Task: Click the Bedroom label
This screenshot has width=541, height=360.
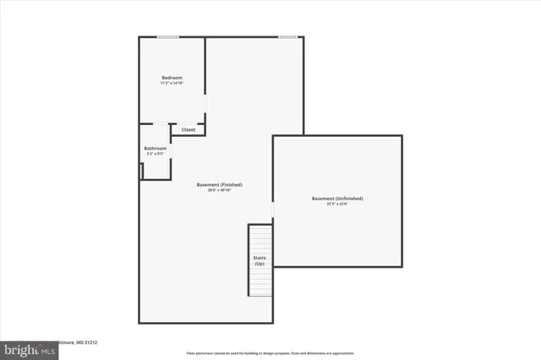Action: click(172, 78)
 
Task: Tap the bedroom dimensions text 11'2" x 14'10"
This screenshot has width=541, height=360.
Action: click(172, 83)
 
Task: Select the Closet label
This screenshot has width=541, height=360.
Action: click(189, 129)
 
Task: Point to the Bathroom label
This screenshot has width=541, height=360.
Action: click(156, 149)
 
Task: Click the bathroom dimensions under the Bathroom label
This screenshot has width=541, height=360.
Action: click(156, 154)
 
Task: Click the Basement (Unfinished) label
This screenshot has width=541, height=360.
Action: click(337, 199)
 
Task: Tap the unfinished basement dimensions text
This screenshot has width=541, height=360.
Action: click(337, 204)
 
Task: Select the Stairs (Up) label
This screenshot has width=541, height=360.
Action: click(260, 261)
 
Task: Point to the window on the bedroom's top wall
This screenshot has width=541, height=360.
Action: click(167, 36)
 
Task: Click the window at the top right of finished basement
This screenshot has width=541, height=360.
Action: click(288, 36)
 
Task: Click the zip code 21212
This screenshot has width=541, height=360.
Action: click(90, 343)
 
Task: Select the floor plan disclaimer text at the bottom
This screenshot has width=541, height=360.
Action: click(270, 353)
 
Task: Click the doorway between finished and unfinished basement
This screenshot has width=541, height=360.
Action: click(272, 210)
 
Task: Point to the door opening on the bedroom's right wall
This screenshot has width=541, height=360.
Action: click(205, 102)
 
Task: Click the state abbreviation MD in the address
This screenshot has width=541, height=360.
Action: click(78, 343)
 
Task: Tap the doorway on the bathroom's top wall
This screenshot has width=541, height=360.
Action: click(160, 124)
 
